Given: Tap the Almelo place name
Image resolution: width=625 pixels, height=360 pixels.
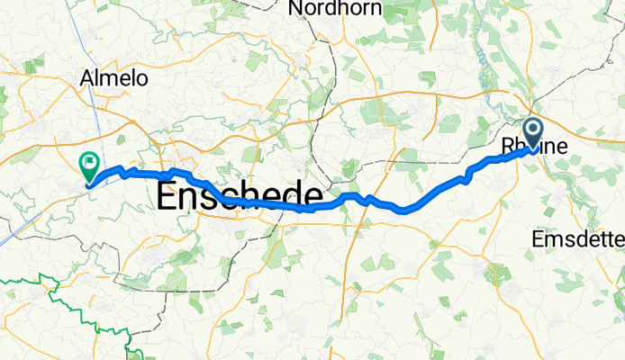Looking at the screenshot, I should click(x=113, y=78).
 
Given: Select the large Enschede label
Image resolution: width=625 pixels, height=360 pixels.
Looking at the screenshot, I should click(x=240, y=195).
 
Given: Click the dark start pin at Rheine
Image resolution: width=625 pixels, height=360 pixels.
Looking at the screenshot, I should click(x=532, y=133).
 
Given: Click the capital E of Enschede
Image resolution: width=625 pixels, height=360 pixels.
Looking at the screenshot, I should click(x=168, y=195).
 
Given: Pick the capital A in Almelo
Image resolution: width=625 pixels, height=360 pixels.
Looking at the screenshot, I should click(x=87, y=78).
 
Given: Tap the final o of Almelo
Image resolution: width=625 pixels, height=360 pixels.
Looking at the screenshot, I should click(x=141, y=79).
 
